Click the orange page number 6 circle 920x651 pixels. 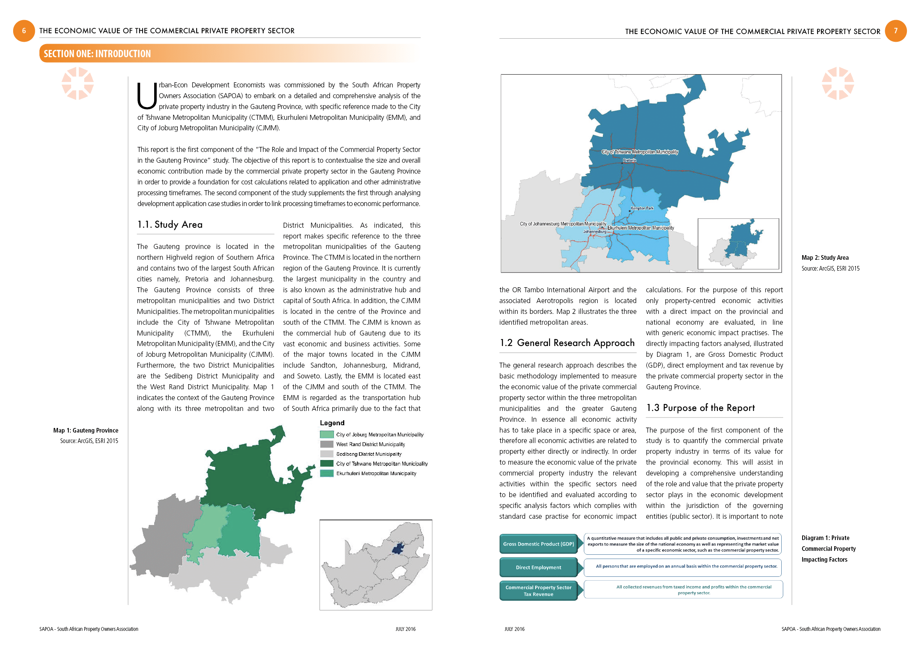(24, 31)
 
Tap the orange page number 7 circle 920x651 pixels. (896, 31)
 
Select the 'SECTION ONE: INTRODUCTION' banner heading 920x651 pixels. (97, 54)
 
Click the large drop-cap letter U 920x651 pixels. (147, 96)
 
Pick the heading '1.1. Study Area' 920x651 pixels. (170, 225)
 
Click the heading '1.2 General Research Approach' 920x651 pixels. (567, 343)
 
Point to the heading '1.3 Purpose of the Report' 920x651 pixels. (701, 408)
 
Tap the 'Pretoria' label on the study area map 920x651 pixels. (629, 160)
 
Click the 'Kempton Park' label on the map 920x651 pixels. (642, 208)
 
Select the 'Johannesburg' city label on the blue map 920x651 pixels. (595, 232)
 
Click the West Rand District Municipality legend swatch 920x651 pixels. (327, 444)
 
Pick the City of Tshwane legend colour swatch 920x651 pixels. (327, 464)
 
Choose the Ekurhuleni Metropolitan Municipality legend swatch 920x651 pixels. (327, 474)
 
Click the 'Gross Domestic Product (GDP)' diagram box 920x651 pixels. (539, 544)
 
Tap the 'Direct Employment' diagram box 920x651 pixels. (539, 567)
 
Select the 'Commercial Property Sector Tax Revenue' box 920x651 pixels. (539, 591)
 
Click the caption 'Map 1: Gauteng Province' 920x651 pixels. (86, 431)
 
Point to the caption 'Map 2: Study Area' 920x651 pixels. (825, 258)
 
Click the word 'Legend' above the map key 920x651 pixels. (332, 423)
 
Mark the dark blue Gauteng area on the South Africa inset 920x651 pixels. (397, 549)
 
